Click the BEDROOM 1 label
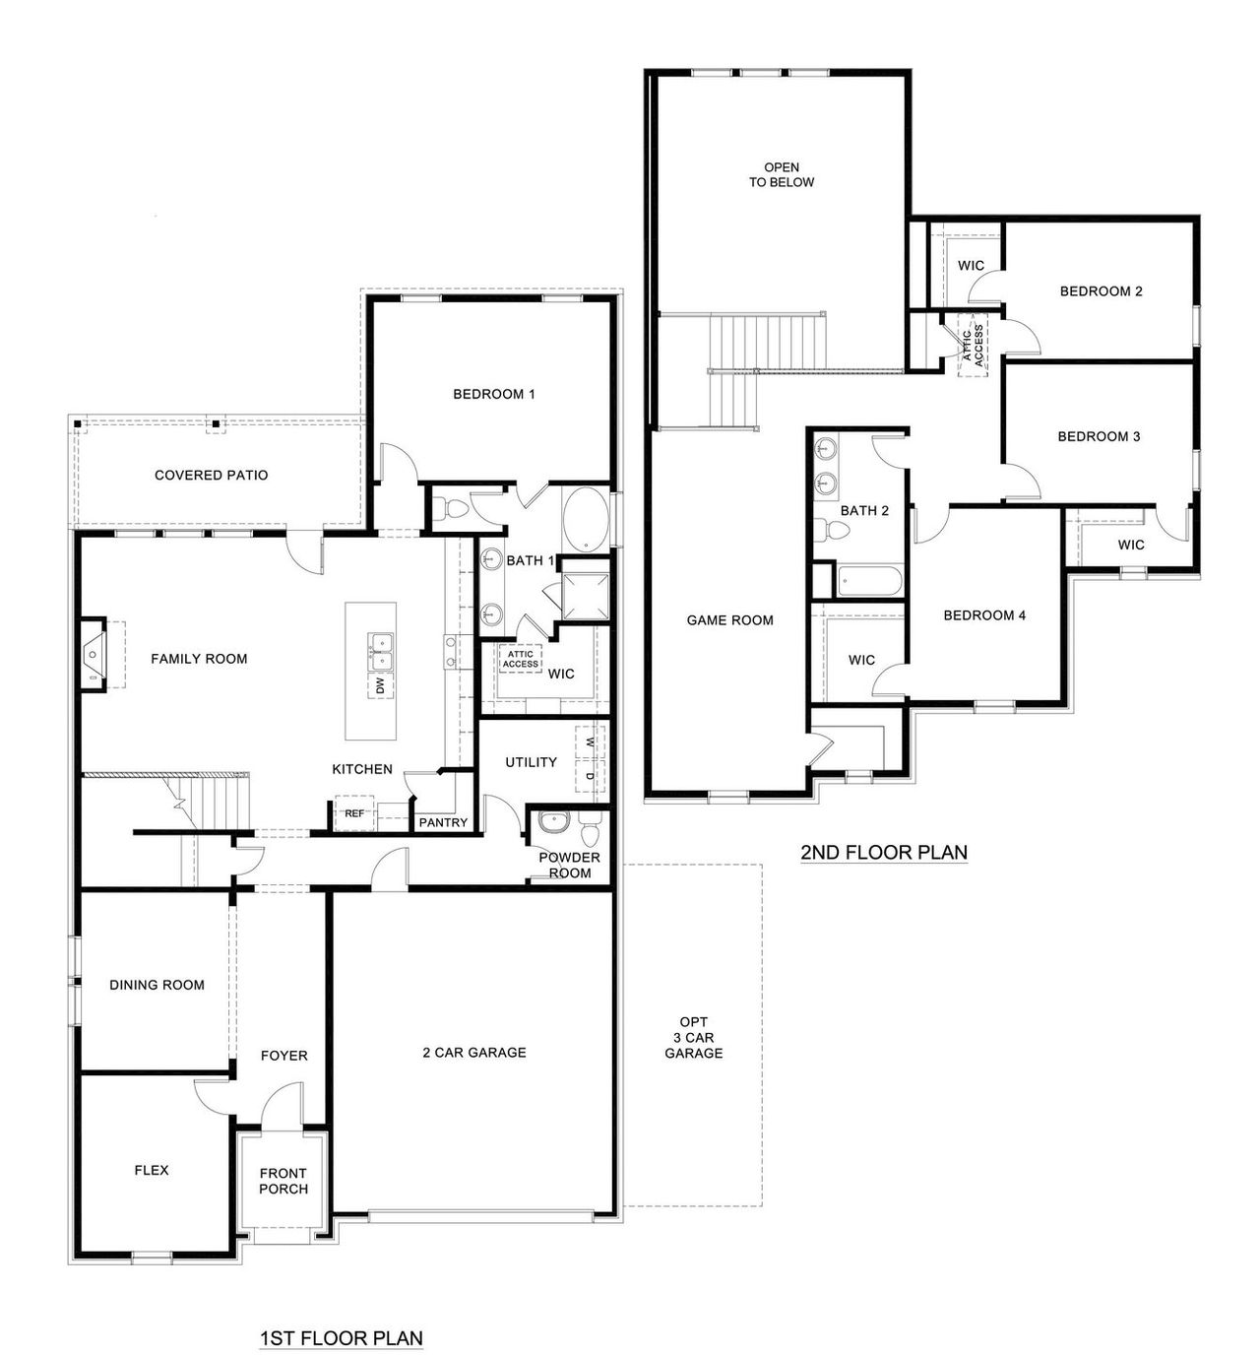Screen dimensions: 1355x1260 point(493,394)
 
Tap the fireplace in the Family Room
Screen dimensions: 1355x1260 point(94,654)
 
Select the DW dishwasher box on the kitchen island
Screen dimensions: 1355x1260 point(380,685)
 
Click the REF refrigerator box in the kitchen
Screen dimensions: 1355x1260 point(353,813)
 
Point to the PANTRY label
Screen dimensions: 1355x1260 point(443,822)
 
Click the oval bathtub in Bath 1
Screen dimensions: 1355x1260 point(586,519)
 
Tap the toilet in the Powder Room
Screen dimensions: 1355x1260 point(589,832)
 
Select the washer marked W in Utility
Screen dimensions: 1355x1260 point(589,742)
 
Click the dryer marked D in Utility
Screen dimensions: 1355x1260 point(589,776)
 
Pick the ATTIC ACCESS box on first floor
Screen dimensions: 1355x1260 point(520,659)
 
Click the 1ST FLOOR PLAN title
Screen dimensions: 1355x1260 point(341,1338)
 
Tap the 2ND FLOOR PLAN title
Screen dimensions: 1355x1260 point(883,853)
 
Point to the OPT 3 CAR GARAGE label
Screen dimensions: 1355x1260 point(693,1038)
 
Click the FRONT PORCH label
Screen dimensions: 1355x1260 point(283,1181)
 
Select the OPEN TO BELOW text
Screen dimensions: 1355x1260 point(782,174)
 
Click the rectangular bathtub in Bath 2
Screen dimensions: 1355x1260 point(869,580)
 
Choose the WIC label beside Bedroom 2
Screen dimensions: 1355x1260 point(971,266)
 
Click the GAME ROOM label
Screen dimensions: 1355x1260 point(729,620)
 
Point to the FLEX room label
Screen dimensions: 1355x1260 point(152,1170)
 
